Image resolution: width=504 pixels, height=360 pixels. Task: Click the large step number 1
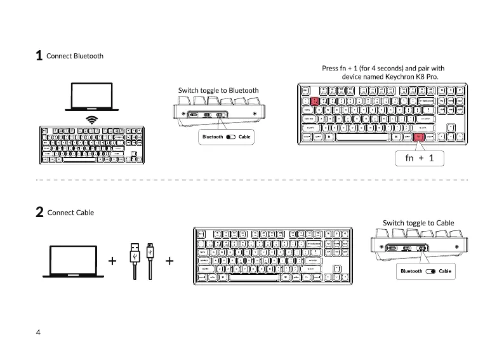tap(39, 57)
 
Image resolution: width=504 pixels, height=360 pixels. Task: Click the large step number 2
tap(39, 213)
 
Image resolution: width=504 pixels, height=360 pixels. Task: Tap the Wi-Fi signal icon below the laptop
tap(93, 119)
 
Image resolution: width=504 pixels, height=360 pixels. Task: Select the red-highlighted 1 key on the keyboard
tap(315, 101)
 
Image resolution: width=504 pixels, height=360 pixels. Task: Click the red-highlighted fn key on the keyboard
tap(419, 137)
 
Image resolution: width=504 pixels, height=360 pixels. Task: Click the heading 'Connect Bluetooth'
tap(75, 56)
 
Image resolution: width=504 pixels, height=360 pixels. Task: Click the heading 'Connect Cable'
tap(70, 212)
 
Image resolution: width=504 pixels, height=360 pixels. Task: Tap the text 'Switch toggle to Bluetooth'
tap(218, 90)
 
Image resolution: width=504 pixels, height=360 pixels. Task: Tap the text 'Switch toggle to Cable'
tap(418, 223)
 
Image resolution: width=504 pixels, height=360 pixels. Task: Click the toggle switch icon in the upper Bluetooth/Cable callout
tap(230, 137)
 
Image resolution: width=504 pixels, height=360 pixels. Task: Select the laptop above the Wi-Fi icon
tap(92, 98)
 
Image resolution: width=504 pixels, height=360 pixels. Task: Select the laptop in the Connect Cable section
tap(73, 261)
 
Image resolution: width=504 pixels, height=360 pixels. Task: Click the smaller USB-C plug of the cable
tap(150, 251)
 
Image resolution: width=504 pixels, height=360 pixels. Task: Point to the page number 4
tap(38, 332)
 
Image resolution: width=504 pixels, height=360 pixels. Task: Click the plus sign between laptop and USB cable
tap(112, 260)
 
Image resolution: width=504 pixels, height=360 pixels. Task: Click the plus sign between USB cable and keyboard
tap(169, 260)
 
